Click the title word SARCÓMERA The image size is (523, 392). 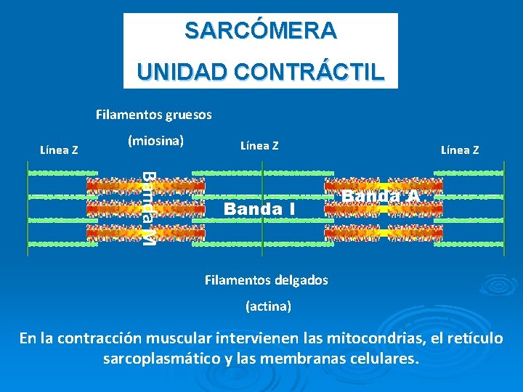[x=260, y=30]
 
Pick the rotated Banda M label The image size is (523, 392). [x=147, y=208]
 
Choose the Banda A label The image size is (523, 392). [x=381, y=196]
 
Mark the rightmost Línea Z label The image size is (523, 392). [x=460, y=150]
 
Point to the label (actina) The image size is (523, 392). [x=268, y=306]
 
